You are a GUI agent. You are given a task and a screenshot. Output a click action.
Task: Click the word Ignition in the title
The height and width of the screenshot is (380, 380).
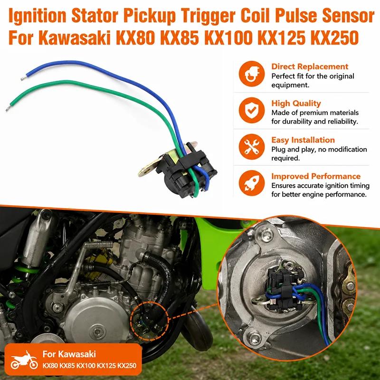pos(38,16)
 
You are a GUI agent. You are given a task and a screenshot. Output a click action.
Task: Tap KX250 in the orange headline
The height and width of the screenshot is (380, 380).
pos(335,38)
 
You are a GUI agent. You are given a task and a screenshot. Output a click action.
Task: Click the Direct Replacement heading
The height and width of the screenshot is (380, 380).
pos(310,66)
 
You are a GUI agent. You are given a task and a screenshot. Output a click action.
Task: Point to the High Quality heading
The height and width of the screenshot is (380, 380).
pos(296,103)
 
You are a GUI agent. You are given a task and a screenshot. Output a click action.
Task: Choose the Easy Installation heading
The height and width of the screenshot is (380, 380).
pos(303,140)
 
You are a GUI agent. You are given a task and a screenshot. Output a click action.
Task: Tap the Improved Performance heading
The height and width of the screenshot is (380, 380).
pos(316,176)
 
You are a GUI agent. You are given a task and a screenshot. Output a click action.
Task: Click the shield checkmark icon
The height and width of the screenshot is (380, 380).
pos(252,110)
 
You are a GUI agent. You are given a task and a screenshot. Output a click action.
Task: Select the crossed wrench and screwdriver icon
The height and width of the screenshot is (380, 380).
pos(252,147)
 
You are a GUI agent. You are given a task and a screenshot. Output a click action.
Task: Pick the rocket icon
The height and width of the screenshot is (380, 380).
pos(252,183)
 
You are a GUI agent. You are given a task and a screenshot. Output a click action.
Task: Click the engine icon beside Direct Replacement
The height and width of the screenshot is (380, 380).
pos(252,74)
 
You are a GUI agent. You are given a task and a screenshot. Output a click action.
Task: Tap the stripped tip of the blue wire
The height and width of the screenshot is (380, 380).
pos(23,78)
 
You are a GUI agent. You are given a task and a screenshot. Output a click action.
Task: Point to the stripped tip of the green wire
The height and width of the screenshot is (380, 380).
pos(8,108)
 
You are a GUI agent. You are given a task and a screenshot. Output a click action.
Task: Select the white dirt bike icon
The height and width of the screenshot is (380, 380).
pos(24,361)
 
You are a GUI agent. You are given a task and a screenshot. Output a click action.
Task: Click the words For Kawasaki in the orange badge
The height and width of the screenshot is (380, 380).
pos(69,354)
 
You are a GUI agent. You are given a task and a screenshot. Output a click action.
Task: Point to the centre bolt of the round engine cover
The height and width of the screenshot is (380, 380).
pos(96,331)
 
